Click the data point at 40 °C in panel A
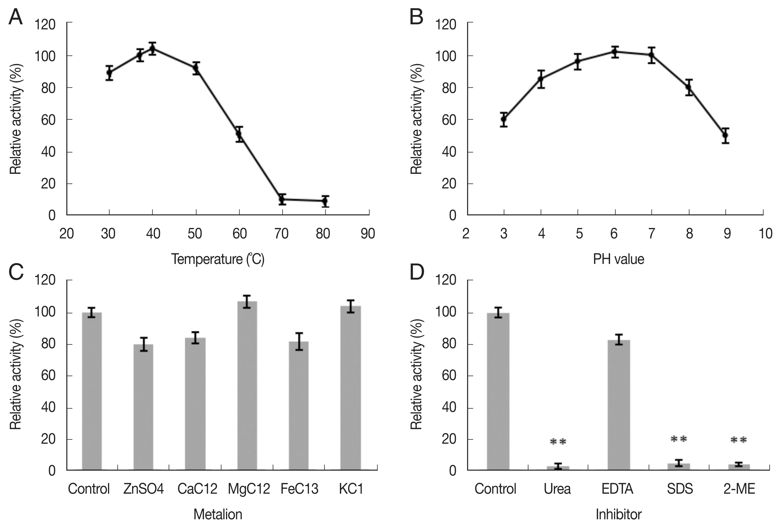(x=153, y=49)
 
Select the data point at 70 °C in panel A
(x=282, y=199)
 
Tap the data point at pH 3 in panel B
(x=503, y=119)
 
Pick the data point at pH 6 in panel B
(x=615, y=52)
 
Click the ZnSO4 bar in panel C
(x=143, y=407)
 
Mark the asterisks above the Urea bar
(x=558, y=442)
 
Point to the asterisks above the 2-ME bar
(x=739, y=440)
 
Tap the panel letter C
(x=16, y=272)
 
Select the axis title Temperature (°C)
(x=218, y=259)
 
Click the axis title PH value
(x=618, y=259)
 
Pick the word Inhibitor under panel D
(x=618, y=515)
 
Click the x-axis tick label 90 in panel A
(x=368, y=234)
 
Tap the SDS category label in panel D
(x=680, y=489)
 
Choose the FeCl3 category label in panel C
(x=299, y=489)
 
